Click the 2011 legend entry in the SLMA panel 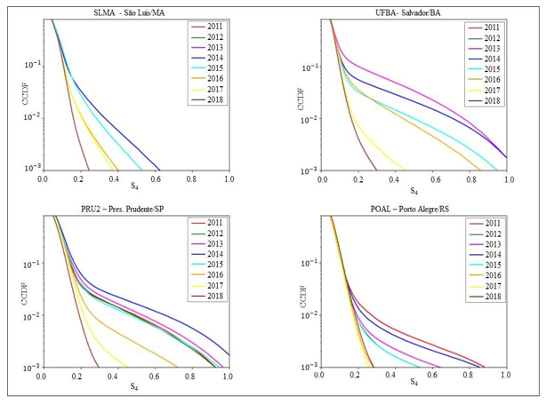click(214, 28)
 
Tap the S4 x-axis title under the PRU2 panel click(133, 386)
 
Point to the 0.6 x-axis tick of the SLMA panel click(155, 178)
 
